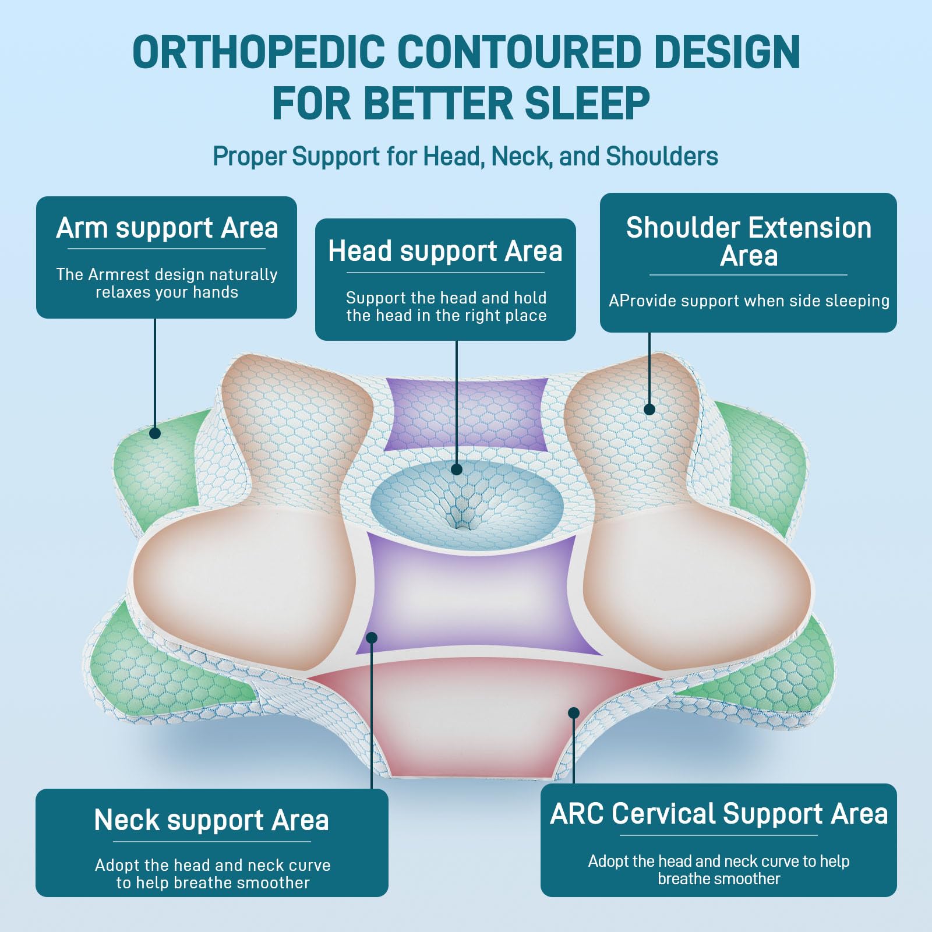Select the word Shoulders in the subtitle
[x=662, y=157]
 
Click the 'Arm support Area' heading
[x=167, y=228]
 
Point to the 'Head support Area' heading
[x=445, y=252]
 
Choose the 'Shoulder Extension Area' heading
[x=749, y=241]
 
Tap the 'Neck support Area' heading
[x=211, y=820]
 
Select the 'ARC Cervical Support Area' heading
[x=719, y=814]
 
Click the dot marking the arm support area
[x=155, y=433]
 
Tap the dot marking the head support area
[x=457, y=469]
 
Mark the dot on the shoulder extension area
[x=649, y=409]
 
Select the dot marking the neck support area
[x=372, y=638]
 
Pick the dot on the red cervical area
[x=574, y=713]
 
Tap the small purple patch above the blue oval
[x=466, y=414]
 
